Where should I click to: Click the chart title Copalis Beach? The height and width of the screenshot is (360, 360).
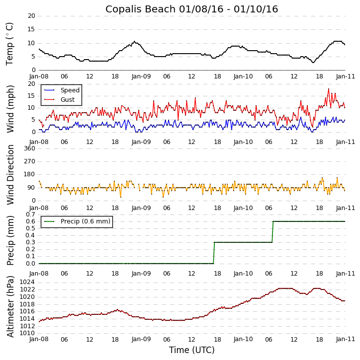[x=191, y=9]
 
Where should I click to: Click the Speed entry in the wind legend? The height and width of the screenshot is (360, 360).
[x=70, y=90]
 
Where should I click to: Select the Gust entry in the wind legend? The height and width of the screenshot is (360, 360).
[x=68, y=100]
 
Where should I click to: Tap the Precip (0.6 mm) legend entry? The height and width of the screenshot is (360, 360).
[x=85, y=221]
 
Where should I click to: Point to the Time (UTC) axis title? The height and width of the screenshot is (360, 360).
[x=191, y=350]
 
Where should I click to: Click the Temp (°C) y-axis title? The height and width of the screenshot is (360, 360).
[x=10, y=44]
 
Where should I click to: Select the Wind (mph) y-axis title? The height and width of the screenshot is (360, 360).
[x=10, y=109]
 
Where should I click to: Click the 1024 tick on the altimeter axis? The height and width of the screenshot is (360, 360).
[x=27, y=282]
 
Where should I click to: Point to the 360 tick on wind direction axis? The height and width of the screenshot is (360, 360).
[x=29, y=148]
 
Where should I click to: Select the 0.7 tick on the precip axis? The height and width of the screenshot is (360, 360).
[x=29, y=214]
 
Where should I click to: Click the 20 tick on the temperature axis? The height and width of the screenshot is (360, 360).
[x=31, y=16]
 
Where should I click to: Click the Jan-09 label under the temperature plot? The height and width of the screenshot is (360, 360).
[x=141, y=77]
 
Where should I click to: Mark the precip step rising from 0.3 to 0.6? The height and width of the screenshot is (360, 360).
[x=272, y=232]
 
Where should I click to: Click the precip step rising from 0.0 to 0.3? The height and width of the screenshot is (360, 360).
[x=214, y=253]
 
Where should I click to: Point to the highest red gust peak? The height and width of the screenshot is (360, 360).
[x=329, y=89]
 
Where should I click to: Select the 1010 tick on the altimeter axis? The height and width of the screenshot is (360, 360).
[x=27, y=333]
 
